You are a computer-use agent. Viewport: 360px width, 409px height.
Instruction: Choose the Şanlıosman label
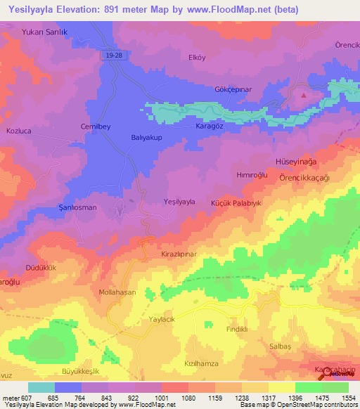[77, 207]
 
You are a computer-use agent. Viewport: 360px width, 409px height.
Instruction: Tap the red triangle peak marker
[304, 94]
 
